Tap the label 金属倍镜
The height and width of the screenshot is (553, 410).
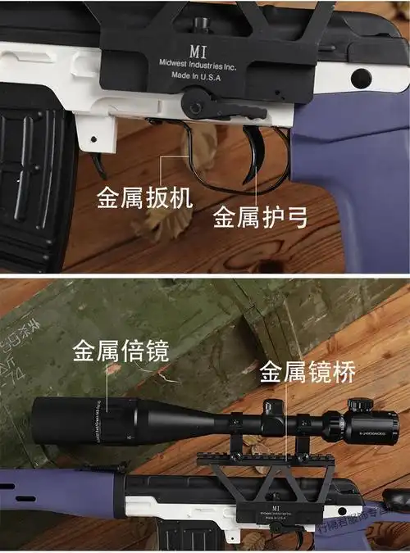click(121, 351)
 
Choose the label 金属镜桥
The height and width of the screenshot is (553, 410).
click(308, 373)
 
